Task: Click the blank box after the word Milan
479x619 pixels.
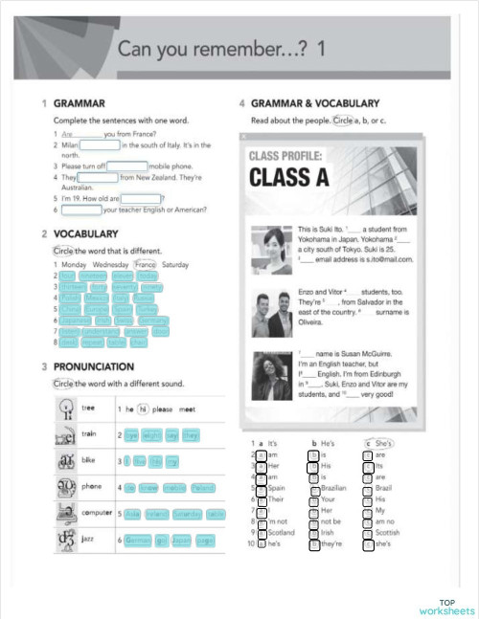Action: point(100,145)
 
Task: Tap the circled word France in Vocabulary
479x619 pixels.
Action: point(145,264)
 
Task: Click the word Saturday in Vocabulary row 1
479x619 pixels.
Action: point(175,264)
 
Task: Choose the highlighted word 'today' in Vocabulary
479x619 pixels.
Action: point(147,276)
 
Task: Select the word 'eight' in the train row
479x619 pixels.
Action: point(151,434)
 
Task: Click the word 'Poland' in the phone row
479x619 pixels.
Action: point(202,487)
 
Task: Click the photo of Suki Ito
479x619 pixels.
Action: point(269,246)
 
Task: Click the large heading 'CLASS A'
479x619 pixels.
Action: point(287,177)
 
